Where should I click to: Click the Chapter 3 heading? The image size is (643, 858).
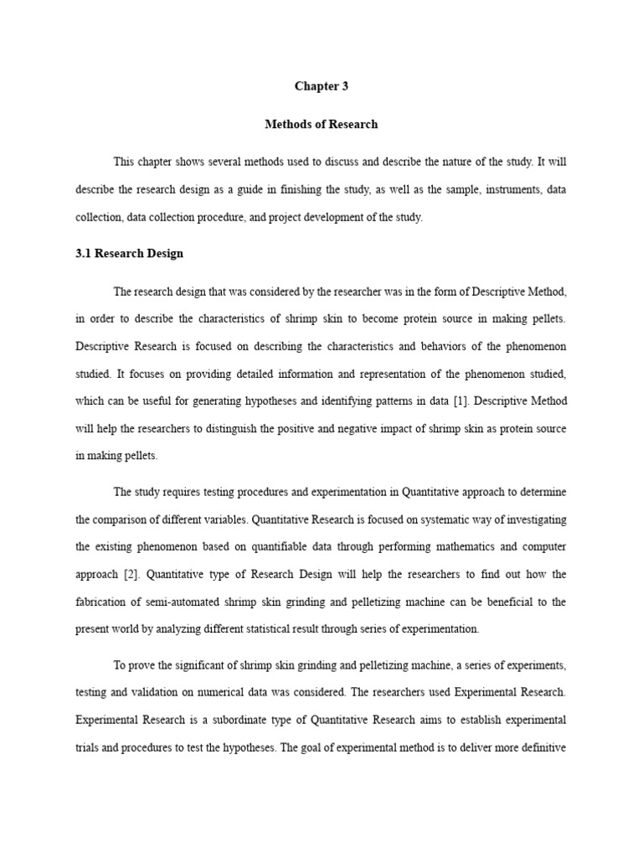pyautogui.click(x=321, y=86)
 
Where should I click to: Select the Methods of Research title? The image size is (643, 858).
pyautogui.click(x=321, y=124)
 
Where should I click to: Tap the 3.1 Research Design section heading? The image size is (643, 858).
pyautogui.click(x=129, y=253)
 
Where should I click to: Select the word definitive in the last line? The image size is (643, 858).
pyautogui.click(x=542, y=747)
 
